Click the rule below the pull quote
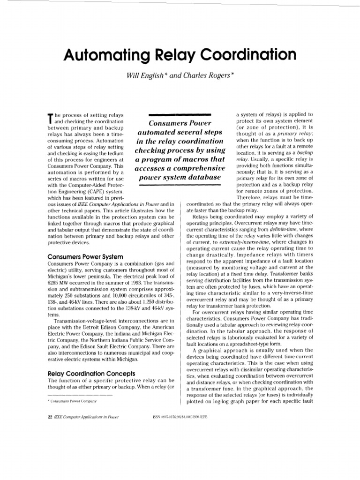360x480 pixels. click(180, 186)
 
